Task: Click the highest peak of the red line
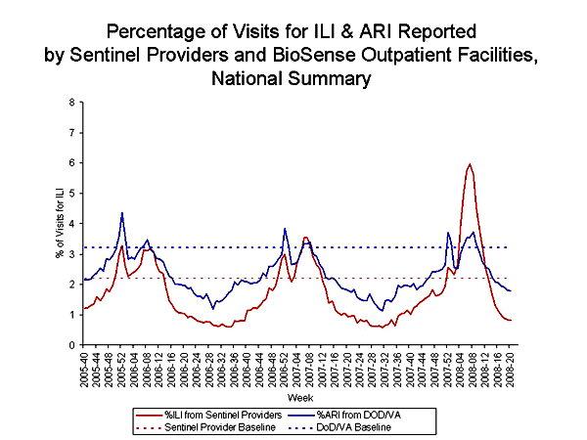tap(471, 164)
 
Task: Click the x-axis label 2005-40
tap(85, 370)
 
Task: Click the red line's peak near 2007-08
tap(305, 237)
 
